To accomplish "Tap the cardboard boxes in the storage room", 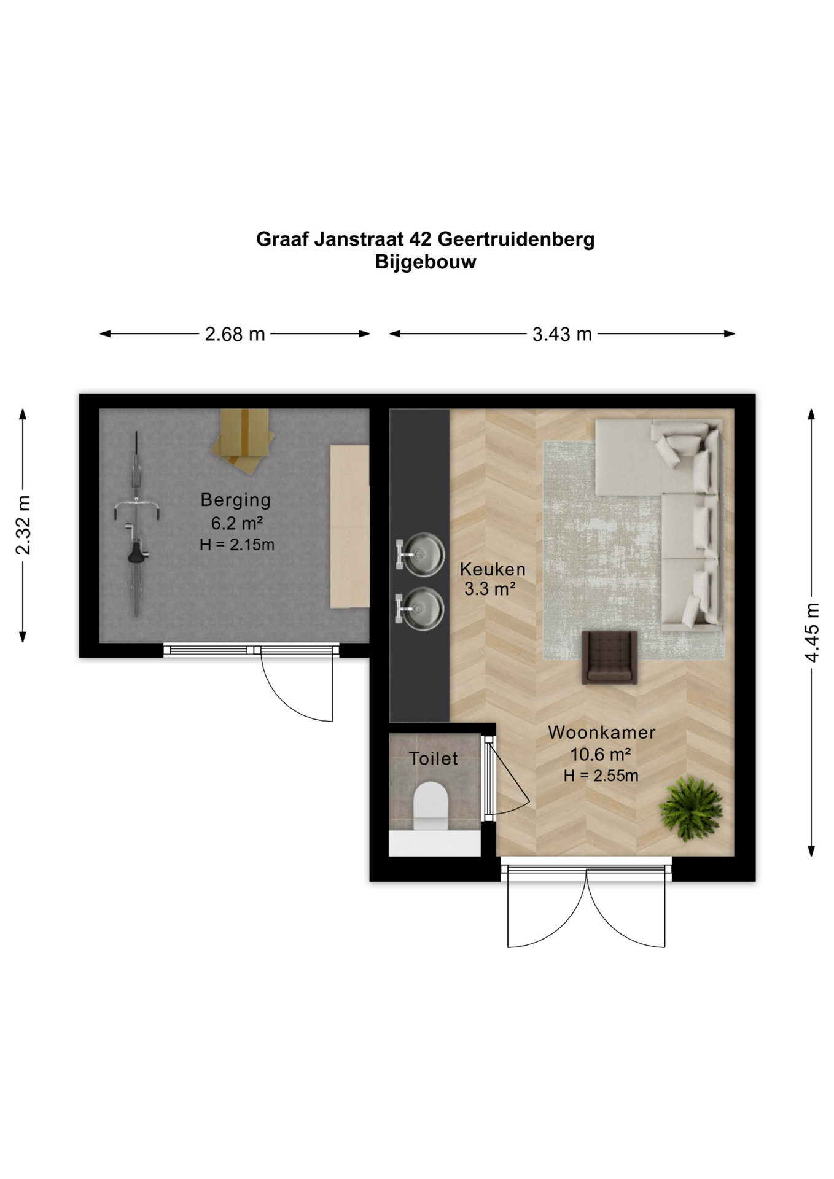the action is point(243,440).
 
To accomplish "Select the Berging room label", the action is point(236,500).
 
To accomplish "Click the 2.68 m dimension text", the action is point(235,334).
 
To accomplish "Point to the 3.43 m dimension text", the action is point(562,334).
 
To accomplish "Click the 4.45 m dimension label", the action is point(812,632).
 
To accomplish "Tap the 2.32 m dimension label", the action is point(23,525).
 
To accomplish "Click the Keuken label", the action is point(493,569).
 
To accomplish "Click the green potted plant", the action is point(691,808).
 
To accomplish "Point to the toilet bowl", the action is point(431,806).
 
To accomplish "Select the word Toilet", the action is point(434,758).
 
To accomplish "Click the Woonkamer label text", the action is point(602,732).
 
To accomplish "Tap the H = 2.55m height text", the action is point(601,776).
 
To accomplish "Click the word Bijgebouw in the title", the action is point(426,262).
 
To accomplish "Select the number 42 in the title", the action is point(419,239).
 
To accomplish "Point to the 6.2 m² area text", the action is point(237,523).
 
